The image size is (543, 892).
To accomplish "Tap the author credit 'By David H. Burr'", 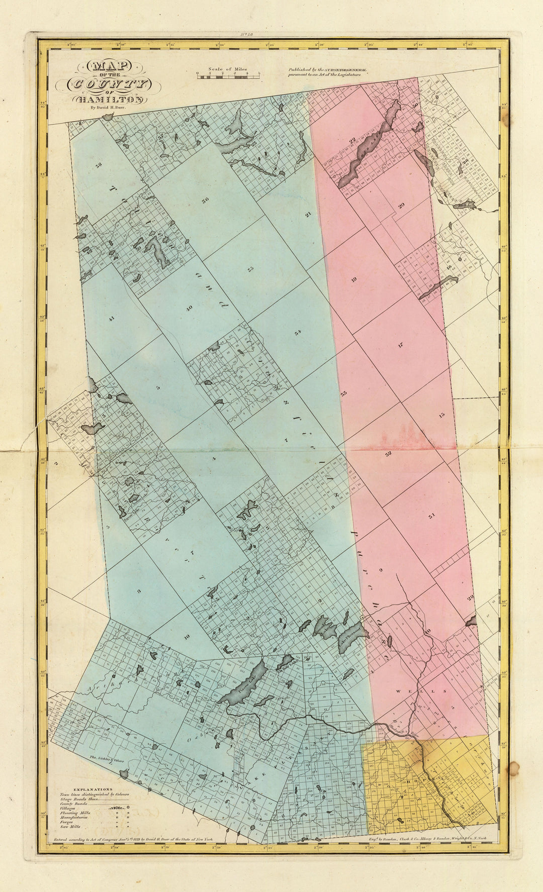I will pos(108,107).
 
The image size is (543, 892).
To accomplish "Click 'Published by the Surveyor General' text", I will pos(327,70).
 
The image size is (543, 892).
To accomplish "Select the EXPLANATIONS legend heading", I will pos(93,789).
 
